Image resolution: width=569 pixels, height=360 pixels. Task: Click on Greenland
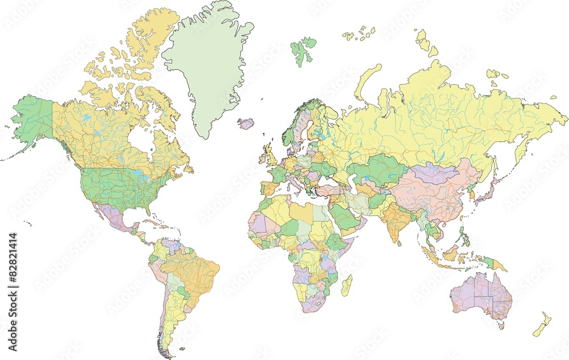click(x=208, y=63)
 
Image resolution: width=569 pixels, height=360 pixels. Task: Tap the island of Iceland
click(x=246, y=123)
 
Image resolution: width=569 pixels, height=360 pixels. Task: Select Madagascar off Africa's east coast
click(x=346, y=284)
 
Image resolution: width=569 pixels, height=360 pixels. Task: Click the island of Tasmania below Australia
click(x=501, y=325)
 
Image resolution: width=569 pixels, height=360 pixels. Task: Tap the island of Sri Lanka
click(x=399, y=243)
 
